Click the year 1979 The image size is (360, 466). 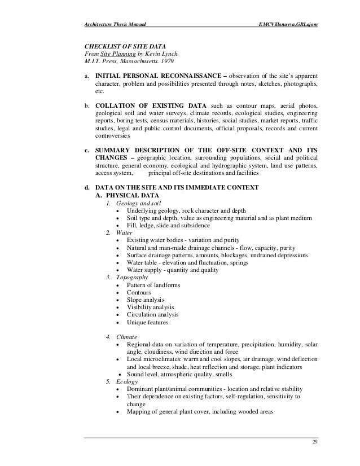[164, 63]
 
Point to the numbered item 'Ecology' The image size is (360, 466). [128, 382]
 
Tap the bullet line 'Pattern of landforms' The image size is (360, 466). [153, 285]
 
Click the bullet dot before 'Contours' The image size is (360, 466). [117, 293]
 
